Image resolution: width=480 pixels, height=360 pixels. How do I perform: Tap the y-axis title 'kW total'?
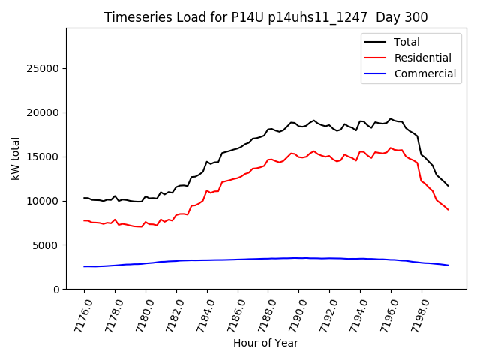15,158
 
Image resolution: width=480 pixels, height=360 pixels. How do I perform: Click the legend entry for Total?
407,42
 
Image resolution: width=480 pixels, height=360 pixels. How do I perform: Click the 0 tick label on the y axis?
56,289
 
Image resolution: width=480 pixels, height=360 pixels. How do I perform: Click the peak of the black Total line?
391,118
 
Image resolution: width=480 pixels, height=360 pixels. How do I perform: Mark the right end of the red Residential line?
448,209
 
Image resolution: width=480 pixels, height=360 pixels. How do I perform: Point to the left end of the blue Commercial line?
84,266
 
